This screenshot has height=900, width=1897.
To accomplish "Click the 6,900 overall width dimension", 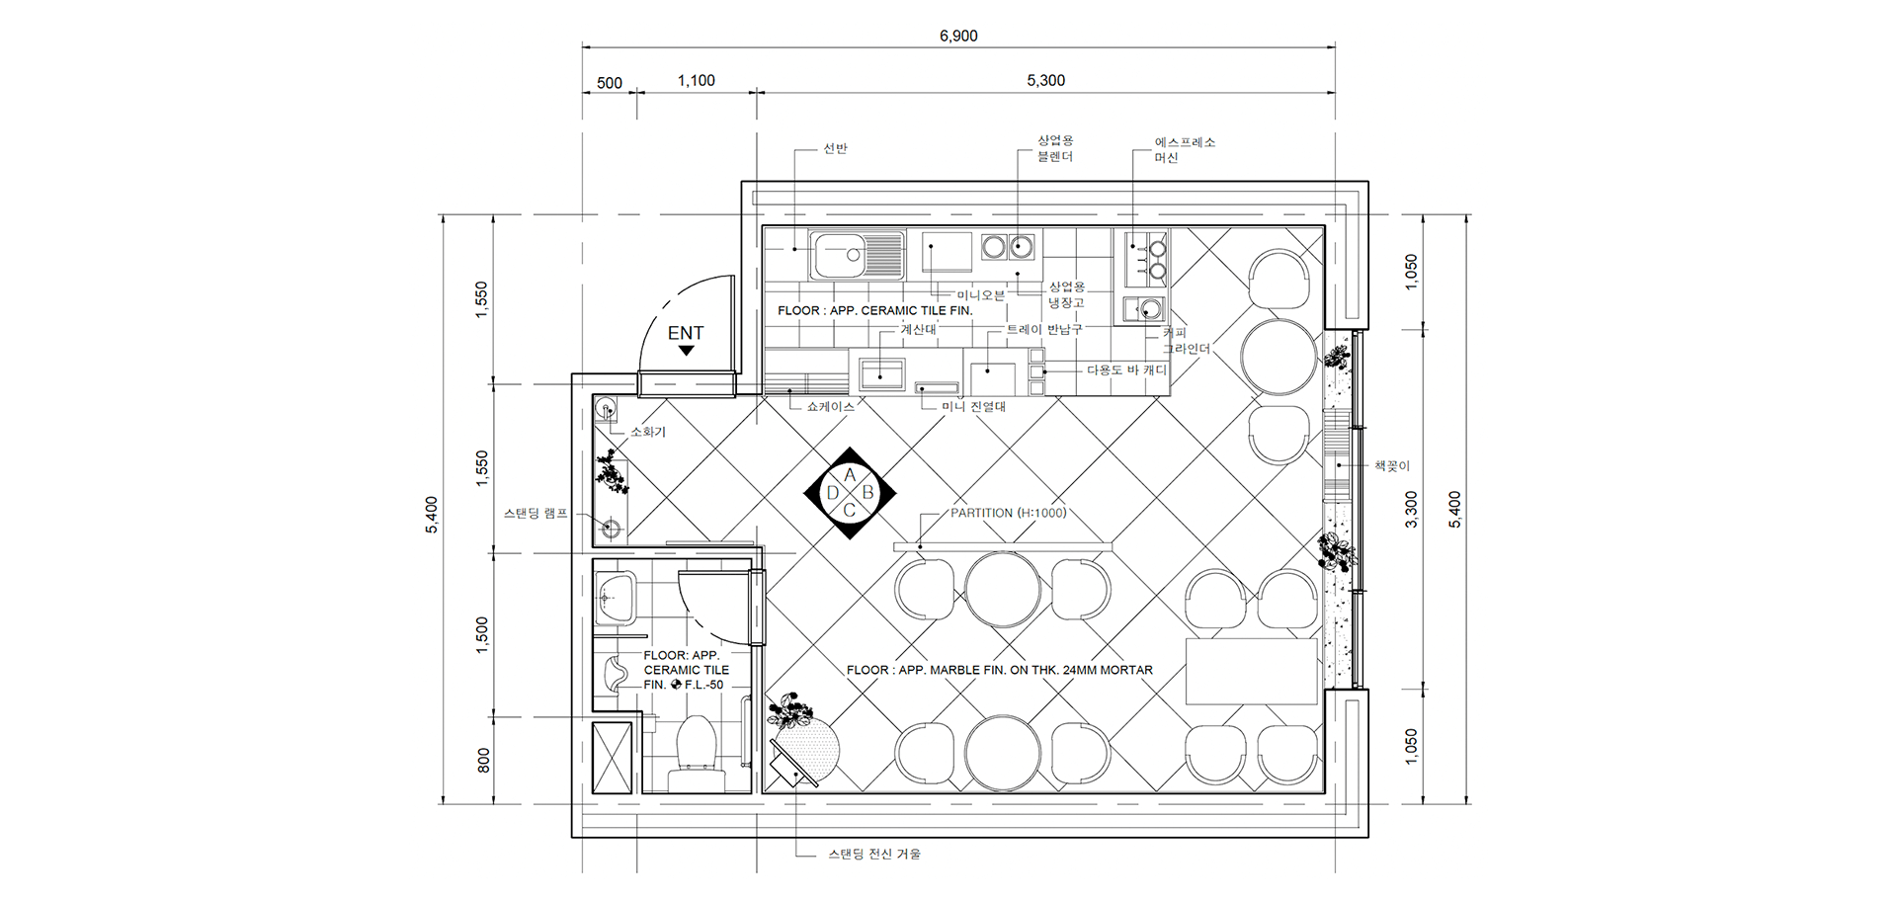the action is [x=958, y=36].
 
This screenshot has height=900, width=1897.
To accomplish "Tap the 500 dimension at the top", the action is [x=610, y=83].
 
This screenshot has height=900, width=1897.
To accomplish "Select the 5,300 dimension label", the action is [x=1045, y=80].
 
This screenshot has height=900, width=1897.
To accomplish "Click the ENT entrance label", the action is [x=686, y=333].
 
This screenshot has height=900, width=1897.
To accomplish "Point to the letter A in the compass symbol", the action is [x=850, y=475].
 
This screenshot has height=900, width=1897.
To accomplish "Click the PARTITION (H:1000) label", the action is [x=1008, y=513].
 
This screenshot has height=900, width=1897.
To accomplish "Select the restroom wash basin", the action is [x=616, y=598].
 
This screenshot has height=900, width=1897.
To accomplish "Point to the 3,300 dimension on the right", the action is [x=1411, y=509].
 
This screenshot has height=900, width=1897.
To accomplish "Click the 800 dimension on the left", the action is [x=483, y=760].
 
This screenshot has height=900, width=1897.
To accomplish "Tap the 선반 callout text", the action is [x=835, y=148].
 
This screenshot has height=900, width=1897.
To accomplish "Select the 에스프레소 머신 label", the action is [x=1185, y=149].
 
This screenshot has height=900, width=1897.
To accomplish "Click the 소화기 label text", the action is [x=648, y=432].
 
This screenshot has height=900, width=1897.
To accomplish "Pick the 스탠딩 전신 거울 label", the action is [x=874, y=854].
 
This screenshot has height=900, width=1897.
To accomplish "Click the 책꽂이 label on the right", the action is [x=1392, y=465].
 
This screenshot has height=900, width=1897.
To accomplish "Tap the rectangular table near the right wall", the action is [x=1252, y=671].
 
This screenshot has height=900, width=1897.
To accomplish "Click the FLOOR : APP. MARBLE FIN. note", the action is [x=999, y=670].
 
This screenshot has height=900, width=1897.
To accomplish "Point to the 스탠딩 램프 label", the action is [x=536, y=514].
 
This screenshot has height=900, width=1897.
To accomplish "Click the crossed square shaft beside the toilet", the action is [x=612, y=758].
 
